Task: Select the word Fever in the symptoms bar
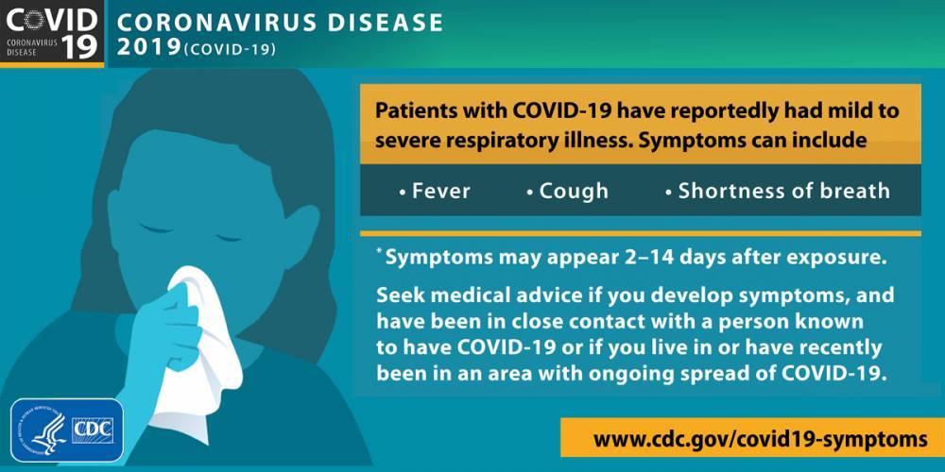441,191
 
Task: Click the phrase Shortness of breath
784,191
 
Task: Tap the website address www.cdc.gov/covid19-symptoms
760,439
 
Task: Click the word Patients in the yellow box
412,110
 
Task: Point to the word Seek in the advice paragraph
398,295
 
